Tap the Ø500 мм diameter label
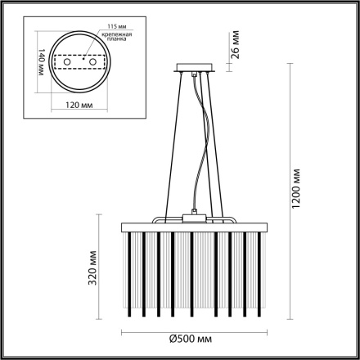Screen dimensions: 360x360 click(x=193, y=337)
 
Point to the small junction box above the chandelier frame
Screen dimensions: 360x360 click(x=194, y=218)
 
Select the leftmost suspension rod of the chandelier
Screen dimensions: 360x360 click(x=165, y=147)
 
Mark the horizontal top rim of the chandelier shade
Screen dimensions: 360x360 click(x=193, y=223)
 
